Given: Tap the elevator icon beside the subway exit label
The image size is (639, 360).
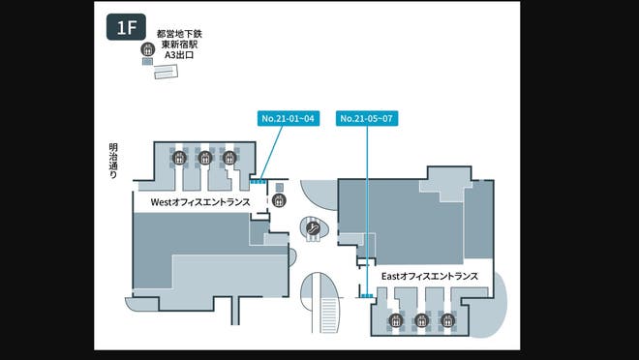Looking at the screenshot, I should (148, 49).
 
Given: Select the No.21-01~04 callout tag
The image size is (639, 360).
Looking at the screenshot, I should (289, 118).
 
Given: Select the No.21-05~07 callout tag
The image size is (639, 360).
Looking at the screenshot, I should (367, 118).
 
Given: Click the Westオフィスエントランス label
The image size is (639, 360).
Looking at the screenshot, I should (200, 203).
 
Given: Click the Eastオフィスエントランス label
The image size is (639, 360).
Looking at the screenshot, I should (429, 276).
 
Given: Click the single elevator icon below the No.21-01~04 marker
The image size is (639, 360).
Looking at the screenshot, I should (279, 200).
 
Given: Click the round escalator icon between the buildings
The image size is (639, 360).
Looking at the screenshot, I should (314, 228).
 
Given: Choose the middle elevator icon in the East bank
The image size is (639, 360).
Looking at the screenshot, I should (420, 321).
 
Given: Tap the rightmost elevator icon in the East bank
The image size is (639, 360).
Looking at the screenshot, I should (446, 321).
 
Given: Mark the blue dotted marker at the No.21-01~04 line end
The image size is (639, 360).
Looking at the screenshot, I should (259, 181).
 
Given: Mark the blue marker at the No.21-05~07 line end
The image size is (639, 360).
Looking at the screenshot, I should (368, 294).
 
